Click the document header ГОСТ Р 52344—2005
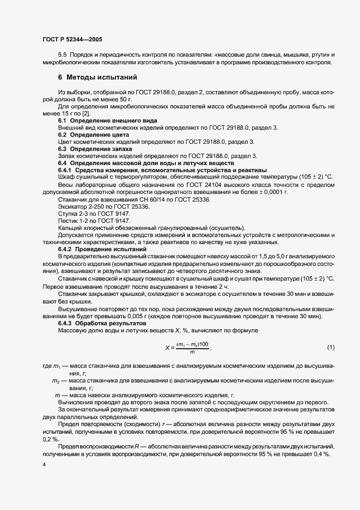pyautogui.click(x=71, y=40)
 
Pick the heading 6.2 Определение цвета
pyautogui.click(x=93, y=134)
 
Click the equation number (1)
pyautogui.click(x=331, y=347)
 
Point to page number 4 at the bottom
pyautogui.click(x=43, y=464)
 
